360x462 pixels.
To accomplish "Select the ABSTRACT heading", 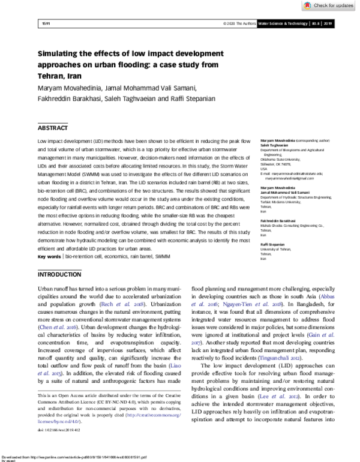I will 53,128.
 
